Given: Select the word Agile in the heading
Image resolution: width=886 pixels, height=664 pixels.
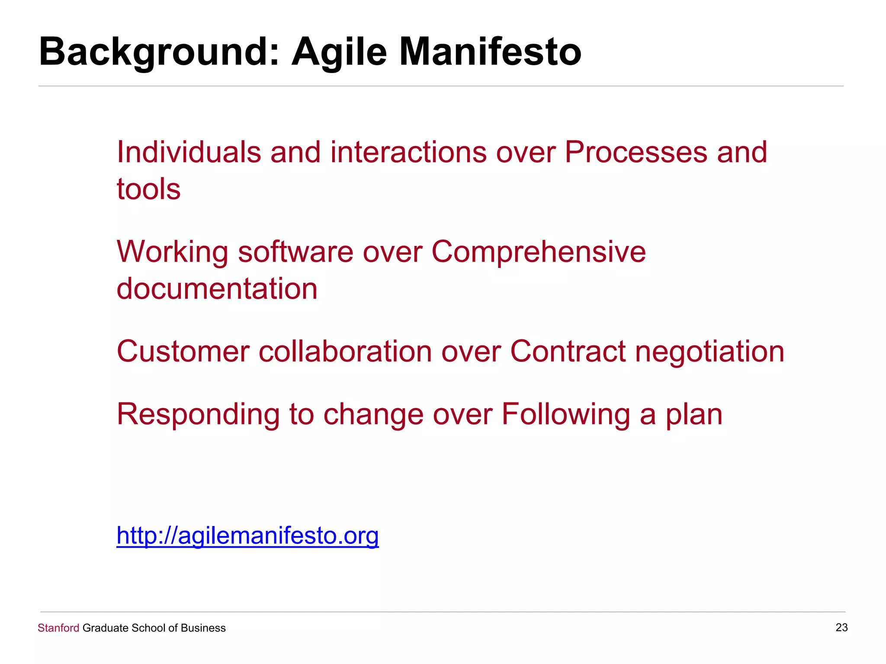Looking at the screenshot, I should click(339, 52).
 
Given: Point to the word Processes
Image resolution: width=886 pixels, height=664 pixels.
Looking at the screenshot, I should click(636, 152).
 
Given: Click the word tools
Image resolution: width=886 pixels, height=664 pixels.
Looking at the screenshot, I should click(148, 189).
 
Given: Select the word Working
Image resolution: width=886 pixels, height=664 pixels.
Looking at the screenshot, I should click(173, 252).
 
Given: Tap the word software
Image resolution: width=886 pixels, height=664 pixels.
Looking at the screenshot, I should click(295, 252).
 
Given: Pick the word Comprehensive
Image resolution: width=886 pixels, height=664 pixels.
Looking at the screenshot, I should click(539, 252).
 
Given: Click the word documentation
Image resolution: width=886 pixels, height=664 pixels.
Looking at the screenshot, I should click(217, 289).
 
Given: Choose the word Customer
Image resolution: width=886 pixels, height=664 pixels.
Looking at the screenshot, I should click(183, 351).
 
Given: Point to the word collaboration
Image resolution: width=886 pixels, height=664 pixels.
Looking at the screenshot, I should click(345, 351).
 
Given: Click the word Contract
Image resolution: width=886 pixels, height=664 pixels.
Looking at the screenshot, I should click(568, 351).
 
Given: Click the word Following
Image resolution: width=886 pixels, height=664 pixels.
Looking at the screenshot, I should click(566, 414).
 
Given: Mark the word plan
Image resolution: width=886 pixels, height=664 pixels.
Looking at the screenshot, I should click(694, 414).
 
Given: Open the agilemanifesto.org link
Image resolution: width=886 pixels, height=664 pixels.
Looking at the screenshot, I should click(247, 536).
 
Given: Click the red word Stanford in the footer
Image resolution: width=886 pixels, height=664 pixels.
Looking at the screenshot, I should click(58, 628).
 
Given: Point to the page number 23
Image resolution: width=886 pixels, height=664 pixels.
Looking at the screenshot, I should click(841, 627).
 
